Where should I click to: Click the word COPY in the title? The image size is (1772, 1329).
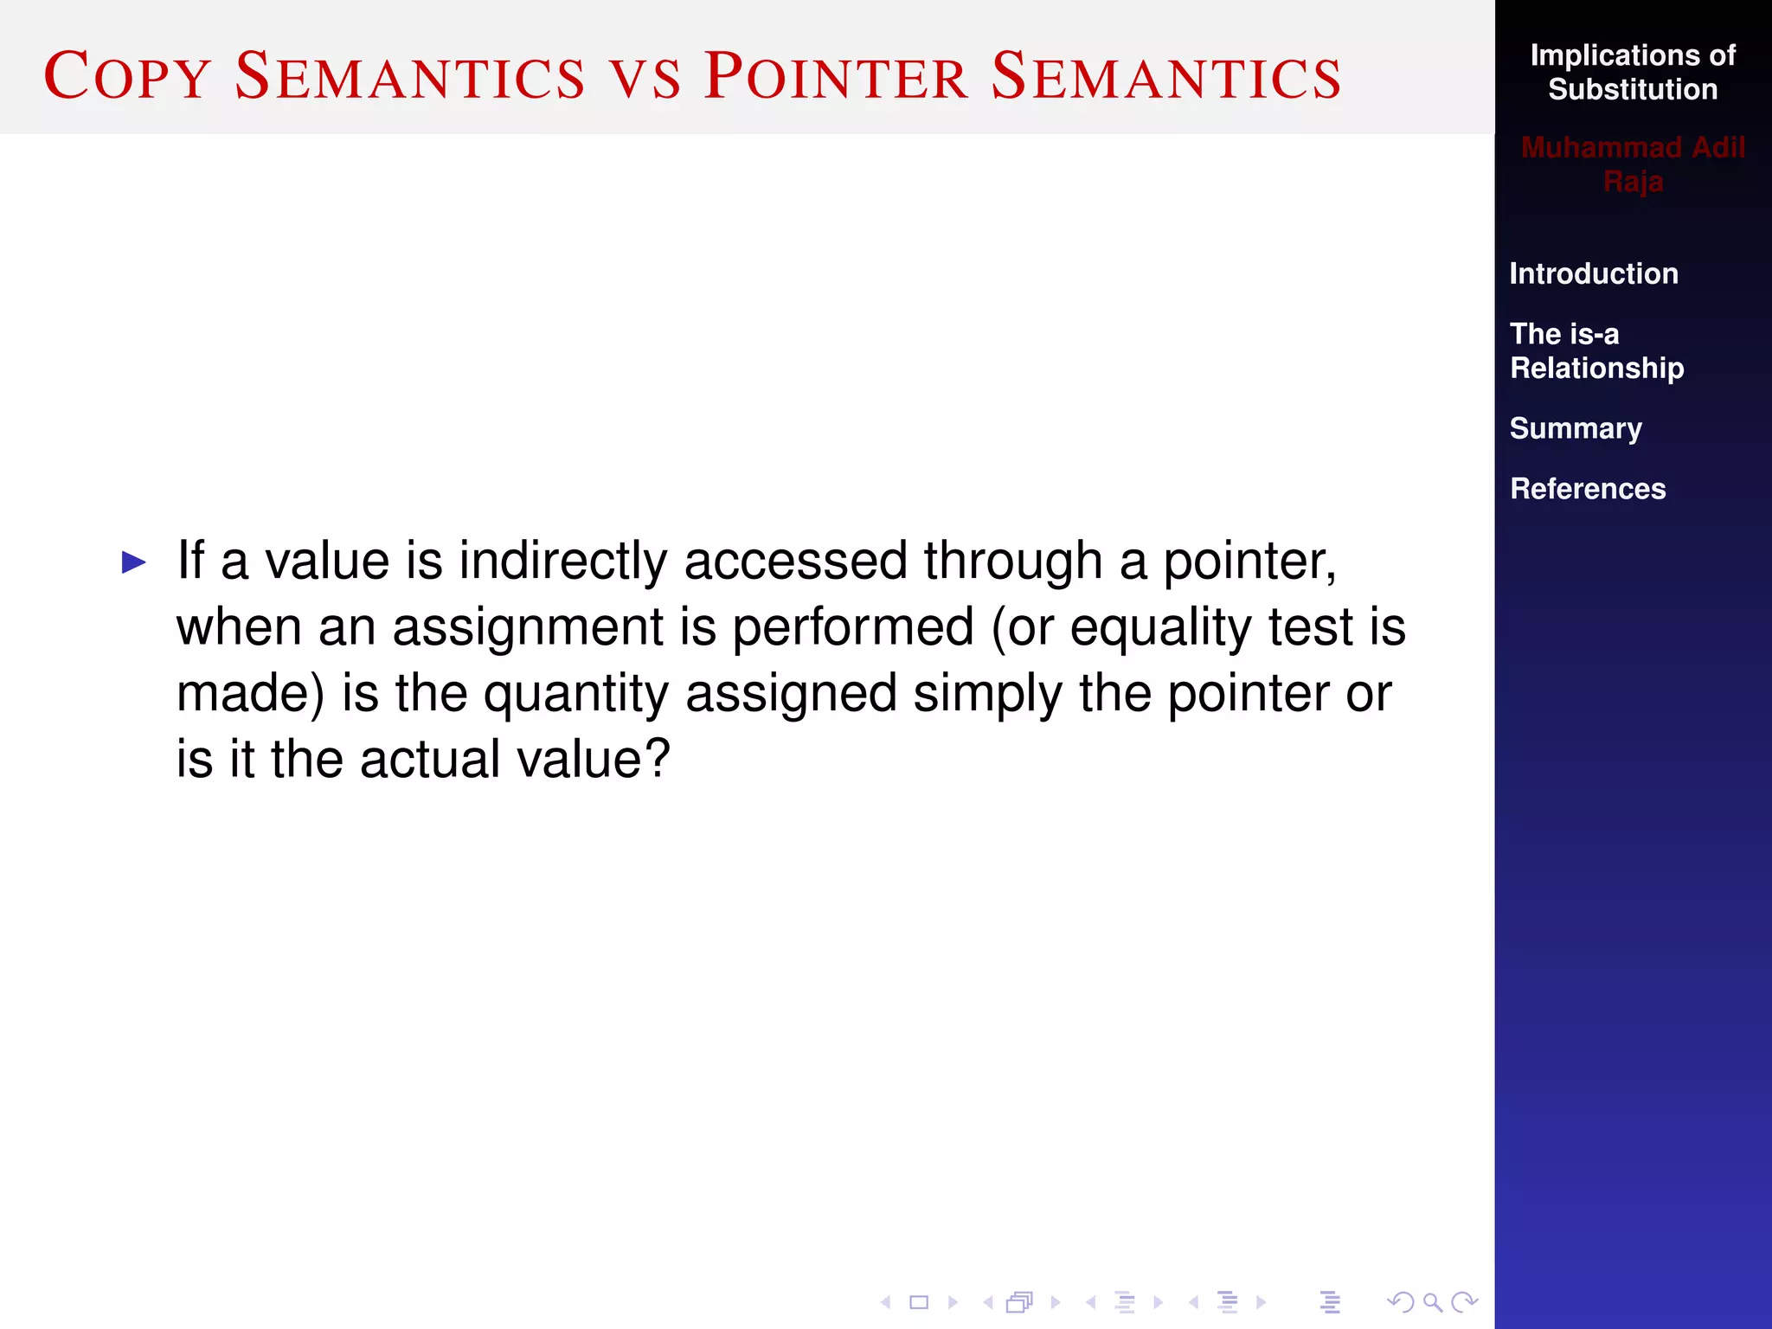pos(127,76)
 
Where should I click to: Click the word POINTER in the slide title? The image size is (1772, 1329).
pos(835,76)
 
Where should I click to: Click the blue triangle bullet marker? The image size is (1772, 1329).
pos(134,563)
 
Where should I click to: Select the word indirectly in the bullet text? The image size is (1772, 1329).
pos(562,561)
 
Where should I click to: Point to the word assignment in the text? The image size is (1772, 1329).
pos(527,626)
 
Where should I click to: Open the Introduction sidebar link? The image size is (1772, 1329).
pos(1593,273)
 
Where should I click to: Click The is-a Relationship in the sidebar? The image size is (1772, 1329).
pos(1595,350)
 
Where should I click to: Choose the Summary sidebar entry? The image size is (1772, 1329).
pos(1575,428)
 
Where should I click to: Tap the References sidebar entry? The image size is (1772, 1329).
pos(1587,489)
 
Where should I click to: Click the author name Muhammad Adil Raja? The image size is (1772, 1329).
pos(1632,164)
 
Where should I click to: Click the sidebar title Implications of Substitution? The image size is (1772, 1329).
pos(1632,73)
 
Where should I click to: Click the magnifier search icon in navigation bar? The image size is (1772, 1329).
pos(1432,1302)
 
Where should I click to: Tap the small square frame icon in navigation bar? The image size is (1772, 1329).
pos(919,1302)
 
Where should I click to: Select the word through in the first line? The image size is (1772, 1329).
pos(1012,561)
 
